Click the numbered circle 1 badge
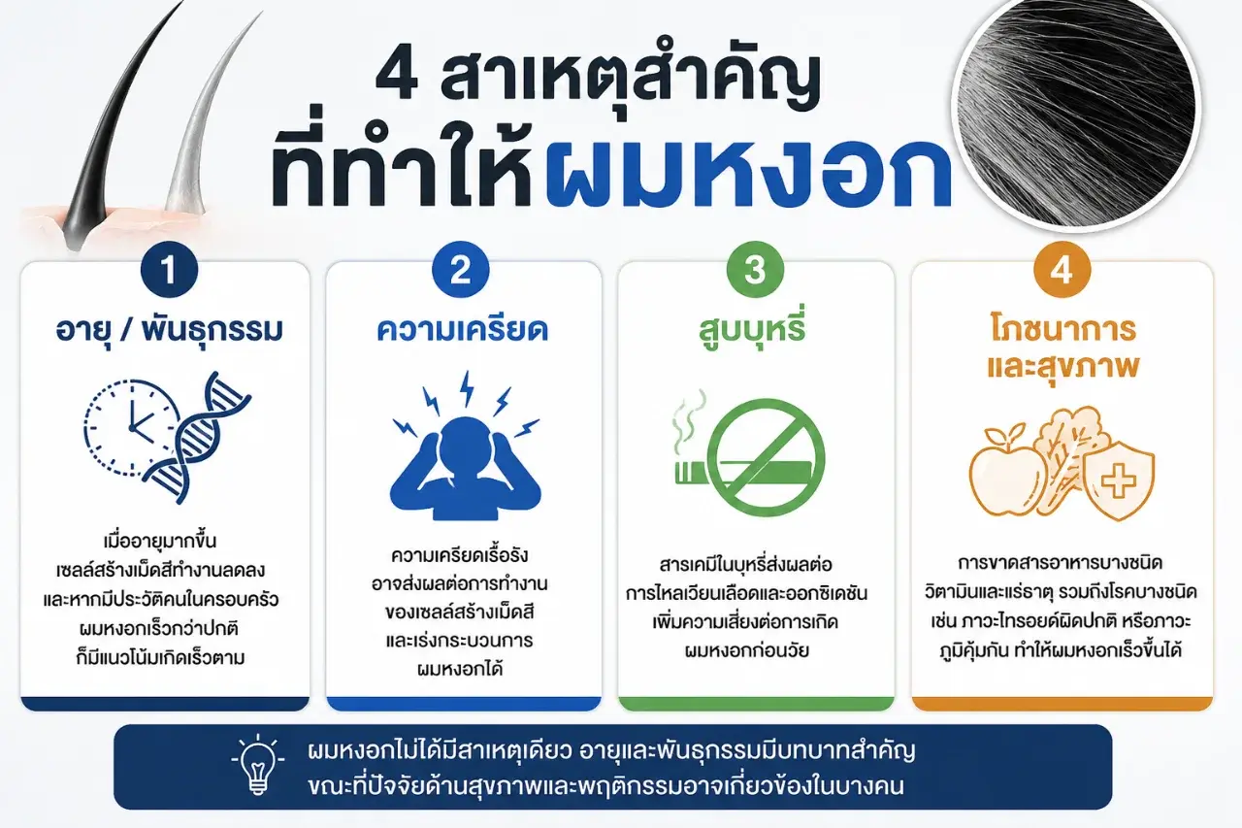[169, 270]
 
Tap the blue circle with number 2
[461, 270]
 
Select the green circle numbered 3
[755, 270]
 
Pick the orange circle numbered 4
[1062, 270]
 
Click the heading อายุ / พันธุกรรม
[170, 329]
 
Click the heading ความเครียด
[463, 329]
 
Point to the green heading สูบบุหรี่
[751, 328]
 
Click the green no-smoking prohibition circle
[766, 458]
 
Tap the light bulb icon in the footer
[258, 764]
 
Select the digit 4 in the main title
[399, 83]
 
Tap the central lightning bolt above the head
[468, 388]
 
